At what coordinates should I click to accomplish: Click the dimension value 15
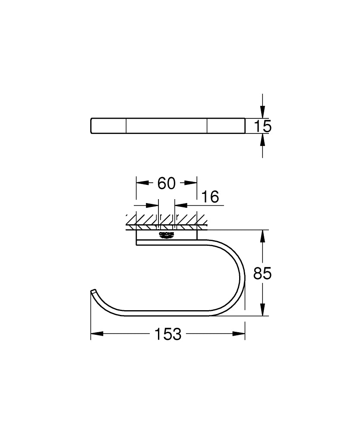[x=262, y=126]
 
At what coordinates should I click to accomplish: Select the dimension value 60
[x=166, y=183]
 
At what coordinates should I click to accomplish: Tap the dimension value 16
[x=210, y=197]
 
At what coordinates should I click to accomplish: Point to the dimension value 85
[x=262, y=273]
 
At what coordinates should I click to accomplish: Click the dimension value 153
[x=168, y=334]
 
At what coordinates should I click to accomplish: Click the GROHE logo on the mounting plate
[x=166, y=235]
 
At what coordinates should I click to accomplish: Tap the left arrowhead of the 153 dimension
[x=96, y=334]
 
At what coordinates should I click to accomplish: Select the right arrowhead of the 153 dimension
[x=240, y=334]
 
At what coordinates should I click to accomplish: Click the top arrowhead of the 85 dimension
[x=262, y=236]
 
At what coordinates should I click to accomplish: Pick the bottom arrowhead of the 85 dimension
[x=262, y=310]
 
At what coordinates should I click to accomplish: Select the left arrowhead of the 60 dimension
[x=142, y=183]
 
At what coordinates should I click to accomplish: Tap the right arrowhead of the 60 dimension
[x=192, y=183]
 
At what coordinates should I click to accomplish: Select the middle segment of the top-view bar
[x=166, y=126]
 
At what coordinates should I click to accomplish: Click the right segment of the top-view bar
[x=225, y=126]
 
